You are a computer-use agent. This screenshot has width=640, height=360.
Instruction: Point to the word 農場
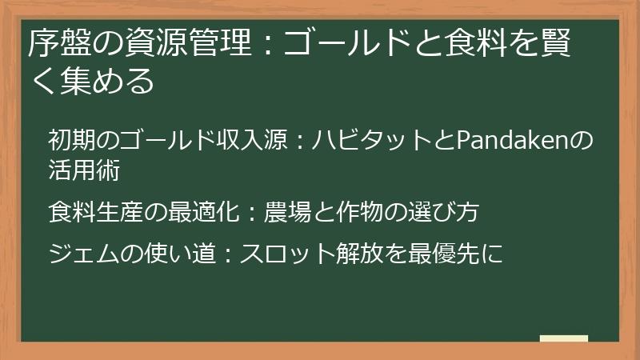(286, 212)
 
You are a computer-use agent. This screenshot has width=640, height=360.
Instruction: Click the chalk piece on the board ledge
(563, 338)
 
